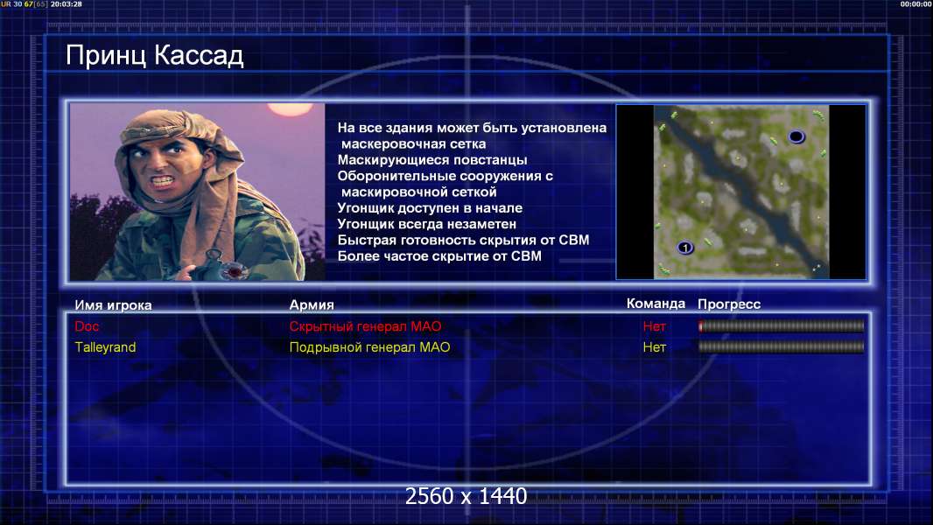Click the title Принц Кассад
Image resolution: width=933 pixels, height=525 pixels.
tap(155, 55)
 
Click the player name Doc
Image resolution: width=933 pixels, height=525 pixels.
tap(87, 325)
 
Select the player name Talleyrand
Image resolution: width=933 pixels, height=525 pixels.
tap(105, 347)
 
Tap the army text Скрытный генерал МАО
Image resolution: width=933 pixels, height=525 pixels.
tap(365, 325)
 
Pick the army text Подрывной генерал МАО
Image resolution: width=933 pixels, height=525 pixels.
tap(369, 347)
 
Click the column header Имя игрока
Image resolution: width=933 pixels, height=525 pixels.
tap(113, 305)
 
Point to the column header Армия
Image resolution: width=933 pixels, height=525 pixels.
tap(312, 305)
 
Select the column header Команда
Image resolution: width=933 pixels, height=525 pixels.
tap(656, 304)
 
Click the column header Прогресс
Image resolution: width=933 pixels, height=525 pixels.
tap(729, 304)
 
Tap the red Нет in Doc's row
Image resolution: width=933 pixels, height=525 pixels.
tap(655, 325)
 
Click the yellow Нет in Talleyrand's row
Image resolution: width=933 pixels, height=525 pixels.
tap(655, 347)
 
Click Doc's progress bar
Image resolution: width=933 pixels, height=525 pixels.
tap(782, 325)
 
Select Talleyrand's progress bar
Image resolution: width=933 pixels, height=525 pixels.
tap(782, 346)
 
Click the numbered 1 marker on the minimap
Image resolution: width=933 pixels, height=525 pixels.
tap(685, 248)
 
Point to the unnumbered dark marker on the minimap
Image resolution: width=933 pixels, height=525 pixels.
tap(796, 137)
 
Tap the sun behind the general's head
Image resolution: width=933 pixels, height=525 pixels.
tap(291, 108)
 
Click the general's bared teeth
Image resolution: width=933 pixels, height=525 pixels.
tap(163, 179)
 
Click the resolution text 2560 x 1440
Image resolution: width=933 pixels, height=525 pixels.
tap(466, 496)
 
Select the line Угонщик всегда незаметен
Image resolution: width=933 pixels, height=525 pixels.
tap(426, 224)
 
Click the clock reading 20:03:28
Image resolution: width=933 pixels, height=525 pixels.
tap(66, 4)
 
